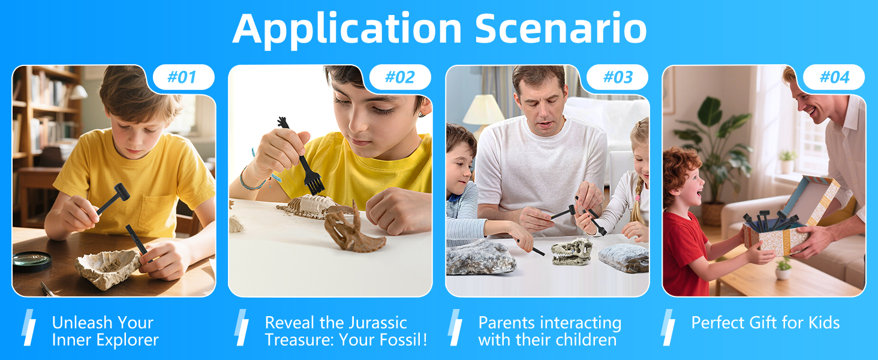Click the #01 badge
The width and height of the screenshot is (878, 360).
tap(184, 77)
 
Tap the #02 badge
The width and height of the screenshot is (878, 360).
tap(400, 77)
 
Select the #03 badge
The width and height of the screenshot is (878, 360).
tap(617, 77)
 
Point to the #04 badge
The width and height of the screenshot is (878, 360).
tap(834, 77)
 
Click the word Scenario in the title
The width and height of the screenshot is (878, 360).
tap(561, 29)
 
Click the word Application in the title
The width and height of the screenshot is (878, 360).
tap(347, 31)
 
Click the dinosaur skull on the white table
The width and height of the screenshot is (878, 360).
tap(572, 251)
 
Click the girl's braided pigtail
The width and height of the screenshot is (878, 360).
tap(636, 200)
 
